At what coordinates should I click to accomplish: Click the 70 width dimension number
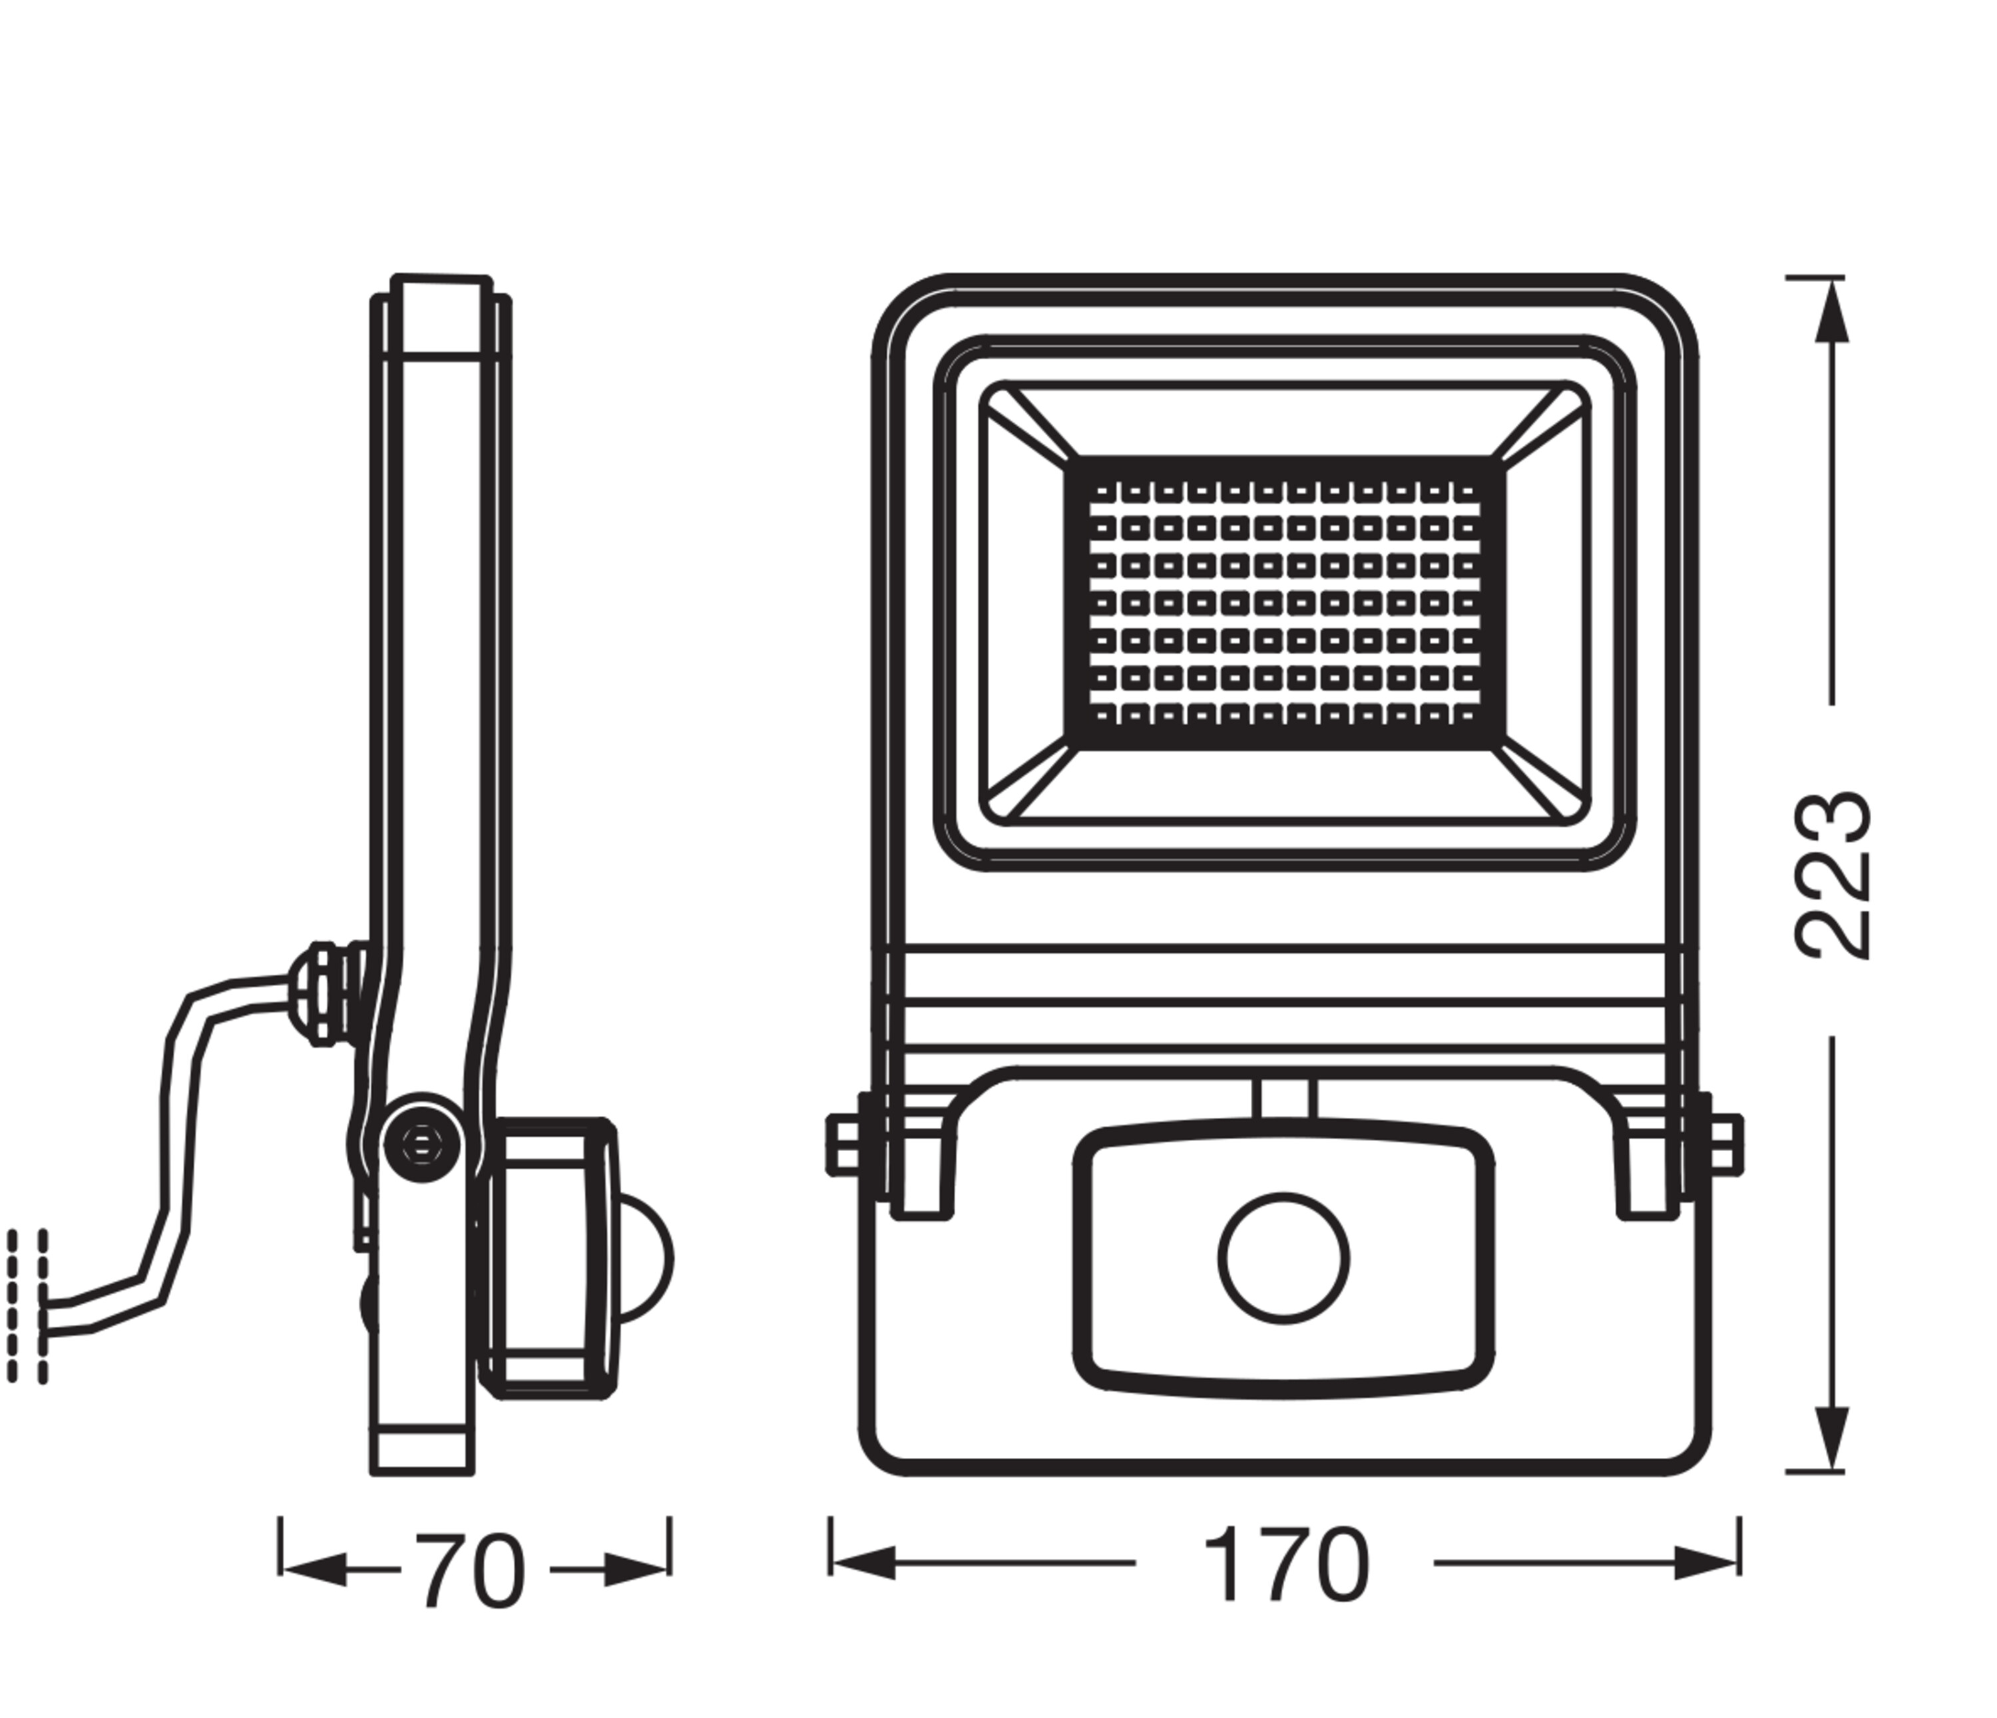(x=471, y=1572)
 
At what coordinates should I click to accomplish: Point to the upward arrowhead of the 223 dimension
(x=1831, y=313)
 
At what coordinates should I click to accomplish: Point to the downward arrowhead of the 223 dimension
(x=1831, y=1437)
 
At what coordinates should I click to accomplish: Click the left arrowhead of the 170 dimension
(x=863, y=1563)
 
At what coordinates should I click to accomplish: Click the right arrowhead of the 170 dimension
(x=1707, y=1563)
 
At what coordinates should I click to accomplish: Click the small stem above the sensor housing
(x=1285, y=1099)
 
